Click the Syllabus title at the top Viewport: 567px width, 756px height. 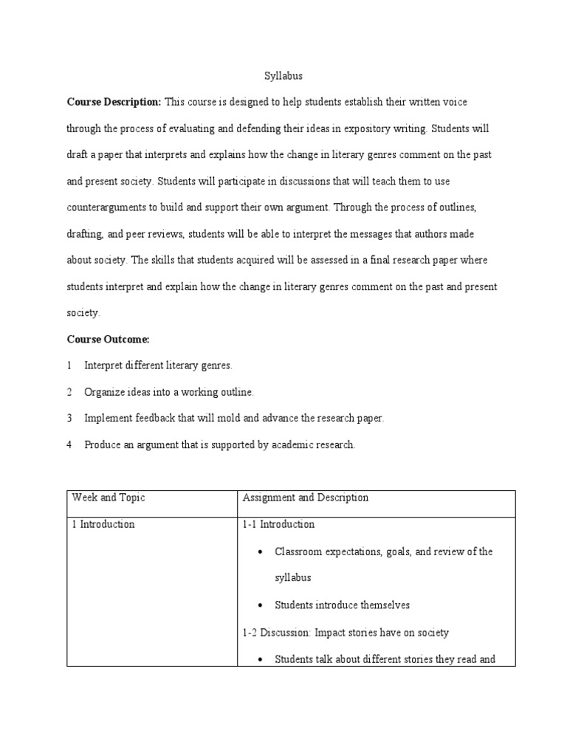283,75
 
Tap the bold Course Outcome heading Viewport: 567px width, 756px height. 108,339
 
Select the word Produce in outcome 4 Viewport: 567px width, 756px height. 103,444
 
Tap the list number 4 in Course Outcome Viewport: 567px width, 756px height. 69,444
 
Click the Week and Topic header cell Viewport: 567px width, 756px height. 109,498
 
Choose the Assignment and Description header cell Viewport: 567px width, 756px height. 305,498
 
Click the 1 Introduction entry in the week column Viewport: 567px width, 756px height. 103,524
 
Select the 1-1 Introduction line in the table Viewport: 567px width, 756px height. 278,524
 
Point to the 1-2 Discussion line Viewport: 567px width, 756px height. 345,633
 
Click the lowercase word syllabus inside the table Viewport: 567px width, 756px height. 293,578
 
